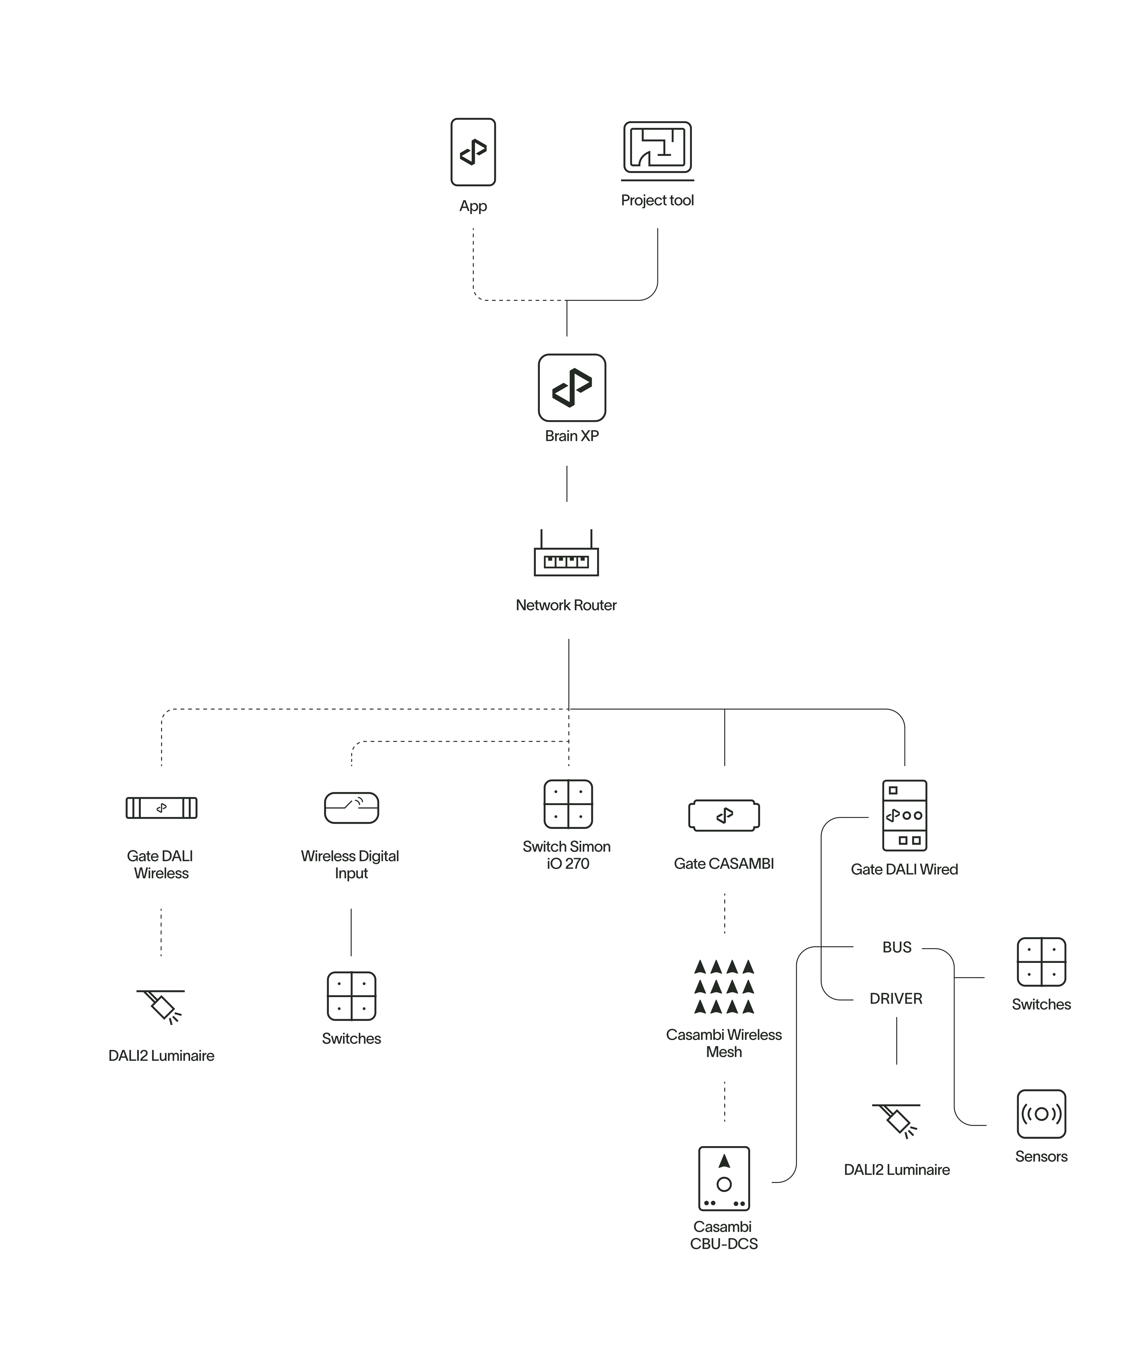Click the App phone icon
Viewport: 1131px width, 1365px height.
click(x=473, y=152)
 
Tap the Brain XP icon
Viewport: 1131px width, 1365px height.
click(x=572, y=388)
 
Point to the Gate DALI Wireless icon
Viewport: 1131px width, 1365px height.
click(x=161, y=808)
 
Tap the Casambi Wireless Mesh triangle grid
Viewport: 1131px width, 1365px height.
click(x=724, y=987)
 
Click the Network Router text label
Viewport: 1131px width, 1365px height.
click(x=566, y=605)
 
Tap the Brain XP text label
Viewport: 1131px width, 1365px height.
click(x=572, y=436)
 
